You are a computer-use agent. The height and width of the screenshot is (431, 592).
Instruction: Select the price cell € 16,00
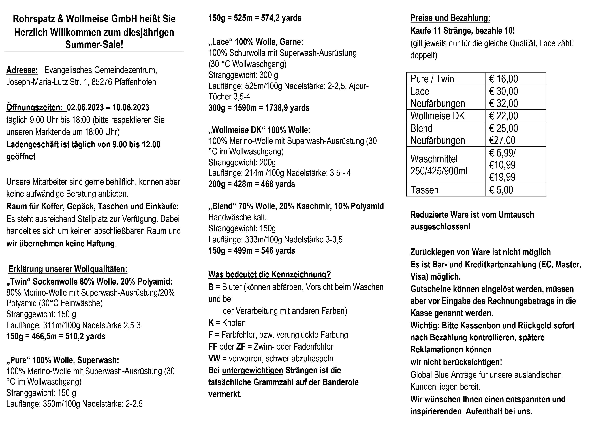[x=503, y=79]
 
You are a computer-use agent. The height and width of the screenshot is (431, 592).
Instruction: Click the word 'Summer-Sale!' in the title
[x=94, y=45]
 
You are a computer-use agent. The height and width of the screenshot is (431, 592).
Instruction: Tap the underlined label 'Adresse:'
[x=22, y=70]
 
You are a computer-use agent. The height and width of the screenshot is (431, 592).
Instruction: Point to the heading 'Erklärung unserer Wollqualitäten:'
[x=68, y=269]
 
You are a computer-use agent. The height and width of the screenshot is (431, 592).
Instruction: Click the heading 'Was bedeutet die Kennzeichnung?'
[x=270, y=274]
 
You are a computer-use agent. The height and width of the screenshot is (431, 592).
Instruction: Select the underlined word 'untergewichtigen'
[x=253, y=371]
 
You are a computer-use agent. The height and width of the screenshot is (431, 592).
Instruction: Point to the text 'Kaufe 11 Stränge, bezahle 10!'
[x=462, y=31]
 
